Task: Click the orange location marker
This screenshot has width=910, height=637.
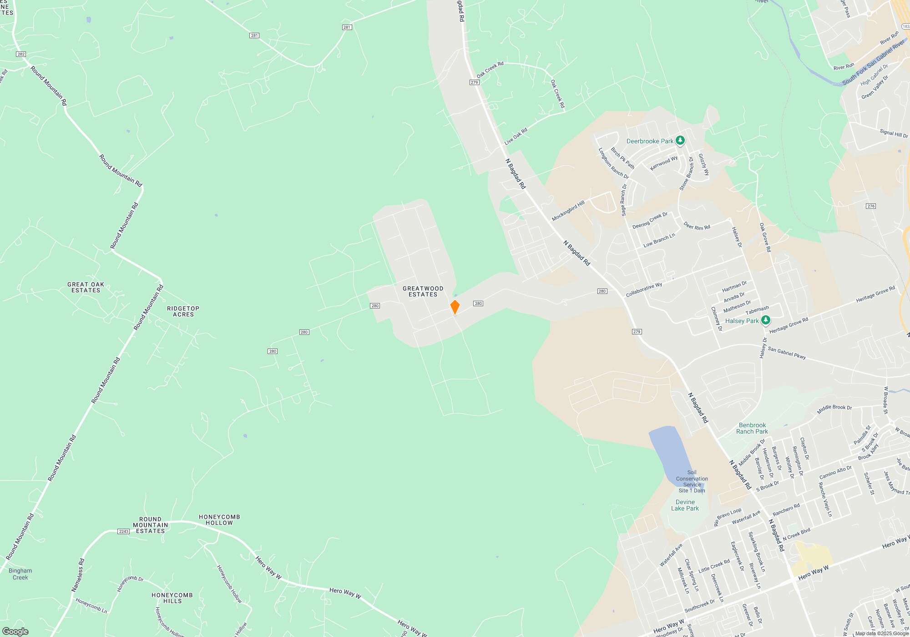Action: coord(455,307)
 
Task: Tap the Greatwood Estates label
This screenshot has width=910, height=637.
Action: coord(423,292)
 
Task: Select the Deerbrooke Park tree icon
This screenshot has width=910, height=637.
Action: coord(680,141)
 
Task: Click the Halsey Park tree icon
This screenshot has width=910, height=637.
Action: coord(766,320)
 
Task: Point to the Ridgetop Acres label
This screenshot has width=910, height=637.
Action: coord(183,312)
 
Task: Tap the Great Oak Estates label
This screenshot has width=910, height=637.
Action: coord(86,288)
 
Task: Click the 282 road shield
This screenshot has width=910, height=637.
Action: coord(21,54)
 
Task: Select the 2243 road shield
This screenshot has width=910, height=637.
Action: coord(123,531)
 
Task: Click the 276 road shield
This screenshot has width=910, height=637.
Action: coord(871,206)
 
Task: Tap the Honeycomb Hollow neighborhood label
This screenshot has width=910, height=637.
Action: coord(219,520)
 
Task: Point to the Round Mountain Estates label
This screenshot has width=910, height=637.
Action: coord(150,525)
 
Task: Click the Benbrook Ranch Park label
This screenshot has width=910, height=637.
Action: coord(752,428)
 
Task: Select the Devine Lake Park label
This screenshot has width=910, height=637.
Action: coord(685,505)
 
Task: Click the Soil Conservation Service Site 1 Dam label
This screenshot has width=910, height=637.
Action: coord(692,481)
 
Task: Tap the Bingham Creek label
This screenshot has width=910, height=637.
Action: coord(20,574)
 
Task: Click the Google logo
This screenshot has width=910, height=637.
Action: coord(15,632)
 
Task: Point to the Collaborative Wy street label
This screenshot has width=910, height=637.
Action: coord(644,290)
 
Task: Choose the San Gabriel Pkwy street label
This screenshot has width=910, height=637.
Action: coord(787,353)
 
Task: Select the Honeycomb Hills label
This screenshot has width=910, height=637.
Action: coord(172,598)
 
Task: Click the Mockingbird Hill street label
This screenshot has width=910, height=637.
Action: coord(568,211)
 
